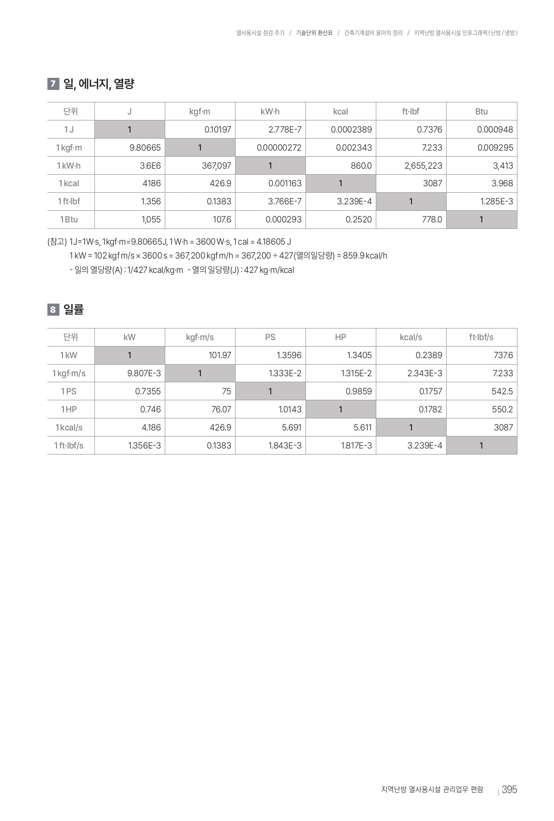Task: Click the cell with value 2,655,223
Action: [423, 165]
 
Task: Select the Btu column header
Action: [481, 111]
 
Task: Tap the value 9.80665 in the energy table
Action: [145, 148]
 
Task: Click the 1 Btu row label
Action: [69, 219]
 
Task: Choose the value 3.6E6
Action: [150, 165]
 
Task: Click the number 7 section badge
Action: [53, 84]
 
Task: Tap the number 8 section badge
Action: [53, 309]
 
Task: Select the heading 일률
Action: [74, 309]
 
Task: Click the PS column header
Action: [270, 337]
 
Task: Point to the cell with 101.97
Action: [220, 355]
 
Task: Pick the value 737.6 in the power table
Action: [503, 355]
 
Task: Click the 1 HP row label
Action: [69, 409]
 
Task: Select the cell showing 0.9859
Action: [359, 391]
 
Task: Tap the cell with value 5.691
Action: [292, 427]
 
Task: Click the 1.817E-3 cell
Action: [356, 445]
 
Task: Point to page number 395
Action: [509, 789]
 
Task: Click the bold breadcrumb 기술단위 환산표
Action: [314, 33]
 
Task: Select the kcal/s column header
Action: [411, 337]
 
